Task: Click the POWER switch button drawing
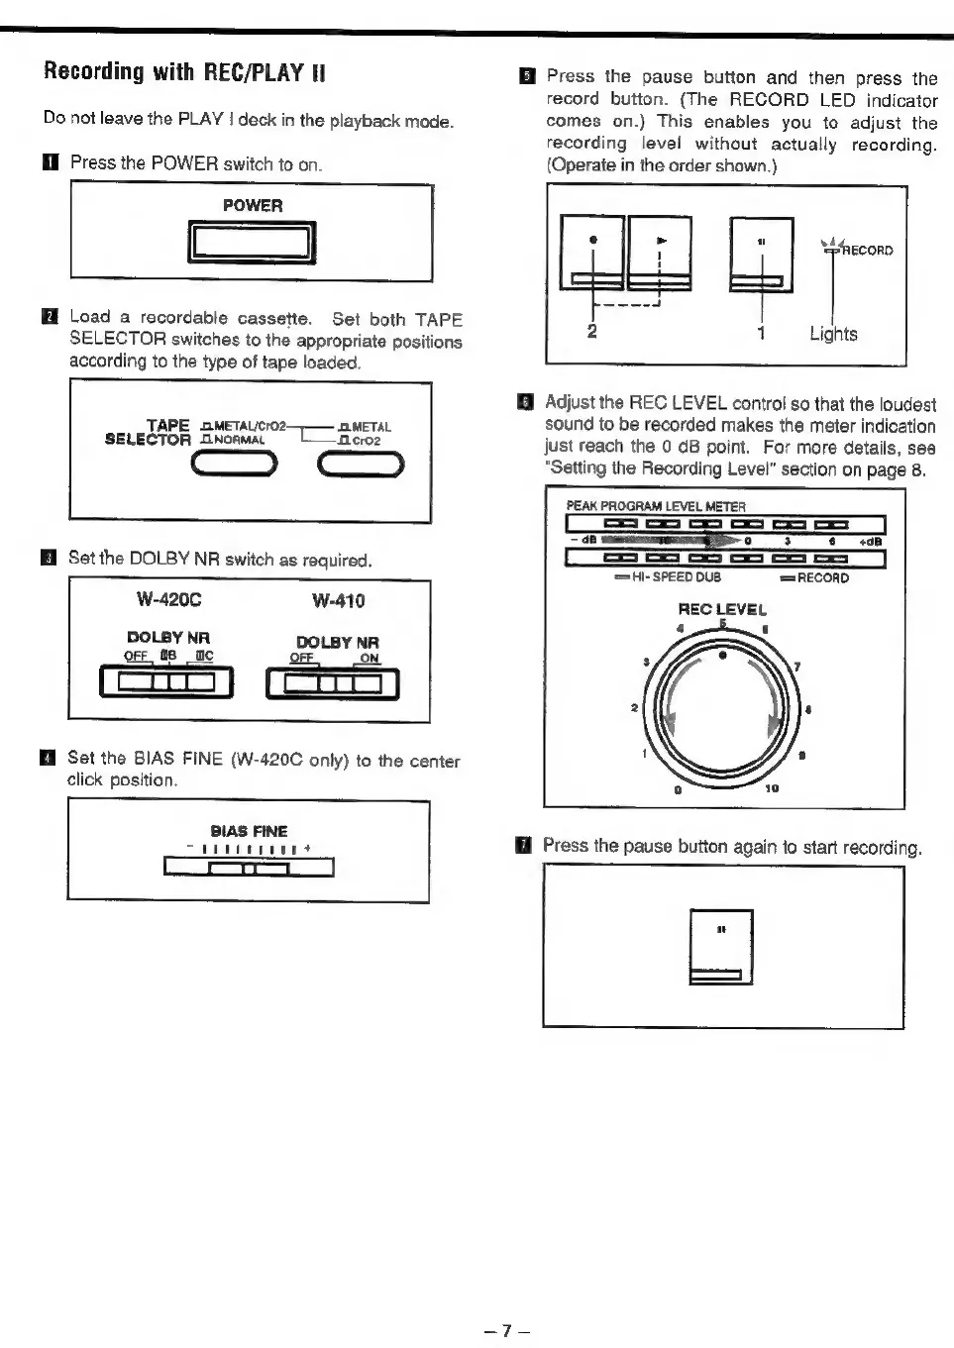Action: click(252, 243)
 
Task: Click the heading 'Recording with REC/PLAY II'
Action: click(184, 71)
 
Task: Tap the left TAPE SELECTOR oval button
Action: click(236, 464)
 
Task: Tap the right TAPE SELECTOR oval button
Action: click(361, 464)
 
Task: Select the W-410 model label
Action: click(338, 600)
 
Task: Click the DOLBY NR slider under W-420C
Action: click(166, 682)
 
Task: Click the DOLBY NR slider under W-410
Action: click(333, 683)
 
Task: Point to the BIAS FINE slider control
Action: click(249, 869)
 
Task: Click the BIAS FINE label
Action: click(249, 831)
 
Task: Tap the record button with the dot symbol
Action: click(592, 253)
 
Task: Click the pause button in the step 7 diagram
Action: click(720, 946)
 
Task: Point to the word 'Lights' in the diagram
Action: click(833, 334)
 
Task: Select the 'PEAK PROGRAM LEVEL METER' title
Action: click(655, 506)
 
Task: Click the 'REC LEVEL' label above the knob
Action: click(722, 609)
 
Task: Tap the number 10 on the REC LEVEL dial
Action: click(772, 788)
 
